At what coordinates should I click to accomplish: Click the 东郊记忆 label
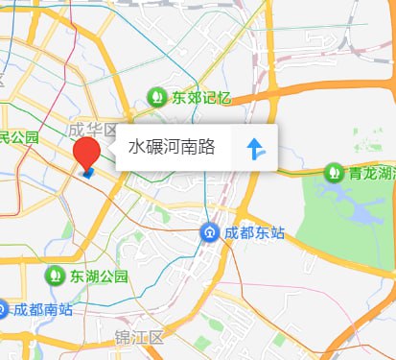point(202,97)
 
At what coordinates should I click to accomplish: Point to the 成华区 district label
point(92,130)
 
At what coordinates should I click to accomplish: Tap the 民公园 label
point(19,137)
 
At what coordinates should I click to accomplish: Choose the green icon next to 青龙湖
point(334,173)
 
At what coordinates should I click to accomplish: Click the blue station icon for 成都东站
point(209,233)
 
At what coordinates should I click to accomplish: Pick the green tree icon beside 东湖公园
point(56,276)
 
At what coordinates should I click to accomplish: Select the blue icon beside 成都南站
point(3,309)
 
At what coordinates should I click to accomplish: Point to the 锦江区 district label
point(139,338)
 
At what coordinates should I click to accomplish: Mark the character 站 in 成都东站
point(278,233)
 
